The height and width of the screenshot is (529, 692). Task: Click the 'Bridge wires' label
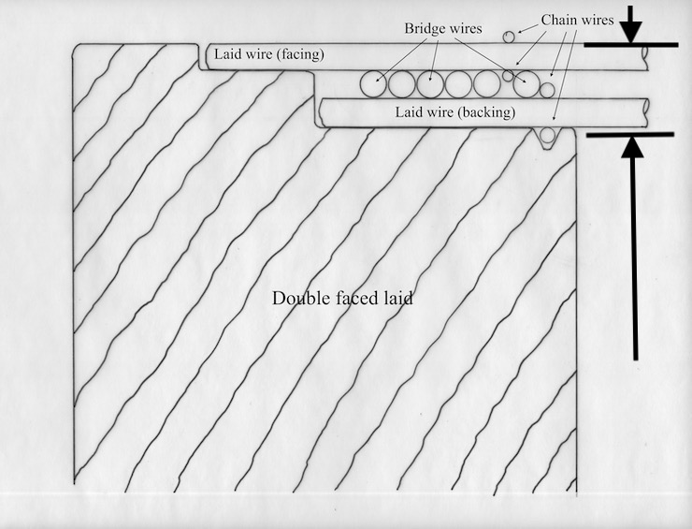point(443,29)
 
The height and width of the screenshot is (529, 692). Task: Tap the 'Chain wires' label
point(577,20)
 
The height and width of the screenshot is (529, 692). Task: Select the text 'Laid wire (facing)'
point(269,54)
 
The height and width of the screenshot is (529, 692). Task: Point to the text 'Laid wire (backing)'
point(455,112)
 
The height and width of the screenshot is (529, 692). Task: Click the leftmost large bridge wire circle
point(373,84)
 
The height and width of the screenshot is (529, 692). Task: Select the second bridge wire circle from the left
point(401,84)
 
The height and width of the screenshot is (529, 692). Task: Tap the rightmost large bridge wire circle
point(526,84)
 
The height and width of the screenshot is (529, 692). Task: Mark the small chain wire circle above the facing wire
point(509,37)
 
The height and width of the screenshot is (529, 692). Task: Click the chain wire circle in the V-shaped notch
point(547,135)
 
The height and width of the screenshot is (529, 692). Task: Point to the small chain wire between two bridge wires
point(508,76)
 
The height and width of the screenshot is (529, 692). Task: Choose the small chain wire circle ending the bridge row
point(547,90)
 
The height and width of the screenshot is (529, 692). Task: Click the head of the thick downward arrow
point(630,31)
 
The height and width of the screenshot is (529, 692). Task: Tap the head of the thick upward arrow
point(632,147)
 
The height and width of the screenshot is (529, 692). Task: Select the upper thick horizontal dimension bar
point(631,45)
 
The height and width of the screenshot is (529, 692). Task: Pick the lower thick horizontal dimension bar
point(630,134)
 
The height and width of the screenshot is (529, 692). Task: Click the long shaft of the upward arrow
point(635,259)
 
